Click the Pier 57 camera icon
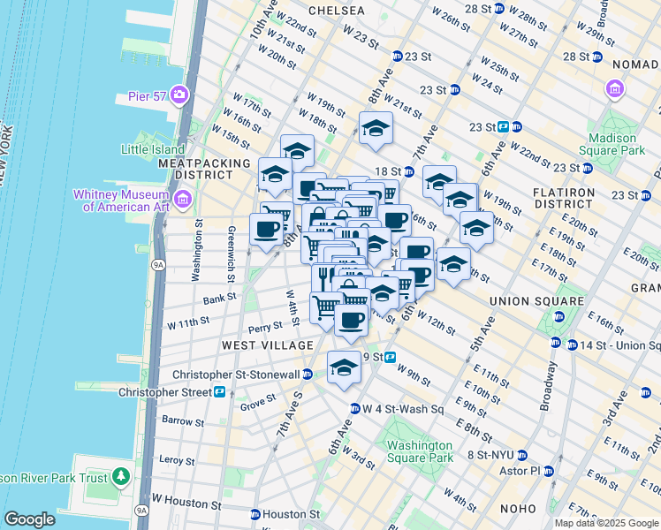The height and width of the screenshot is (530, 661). [180, 95]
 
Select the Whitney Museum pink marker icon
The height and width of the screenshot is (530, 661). [182, 200]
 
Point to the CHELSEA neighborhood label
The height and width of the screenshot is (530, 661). [337, 11]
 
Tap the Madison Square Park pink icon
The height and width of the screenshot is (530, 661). [614, 89]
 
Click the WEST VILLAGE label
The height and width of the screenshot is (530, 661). [268, 344]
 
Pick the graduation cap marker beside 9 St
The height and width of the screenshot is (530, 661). [344, 367]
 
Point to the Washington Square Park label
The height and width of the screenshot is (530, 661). [418, 451]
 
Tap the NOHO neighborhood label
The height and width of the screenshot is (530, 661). [514, 509]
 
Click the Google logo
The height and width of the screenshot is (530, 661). [29, 519]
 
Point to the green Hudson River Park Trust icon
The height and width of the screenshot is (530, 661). [121, 479]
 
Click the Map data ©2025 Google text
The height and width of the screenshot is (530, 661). [606, 523]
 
